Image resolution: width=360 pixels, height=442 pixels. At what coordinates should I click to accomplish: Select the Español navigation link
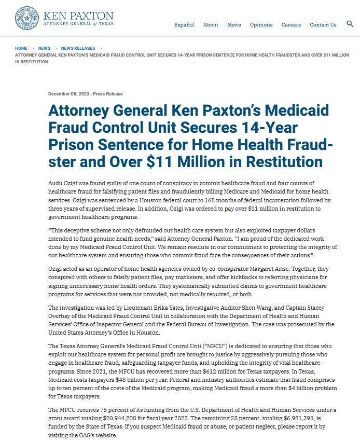(184, 24)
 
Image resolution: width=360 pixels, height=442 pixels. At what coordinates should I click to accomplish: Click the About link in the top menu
(211, 24)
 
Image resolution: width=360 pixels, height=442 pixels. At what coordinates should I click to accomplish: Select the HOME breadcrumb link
(21, 48)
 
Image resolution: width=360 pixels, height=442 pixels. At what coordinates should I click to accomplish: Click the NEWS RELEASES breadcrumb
(78, 48)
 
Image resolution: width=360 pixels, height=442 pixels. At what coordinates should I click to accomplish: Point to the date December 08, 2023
(68, 94)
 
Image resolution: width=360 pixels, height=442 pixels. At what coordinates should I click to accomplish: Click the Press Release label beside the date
(108, 94)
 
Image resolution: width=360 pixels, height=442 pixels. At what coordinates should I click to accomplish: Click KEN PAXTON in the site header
(78, 16)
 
